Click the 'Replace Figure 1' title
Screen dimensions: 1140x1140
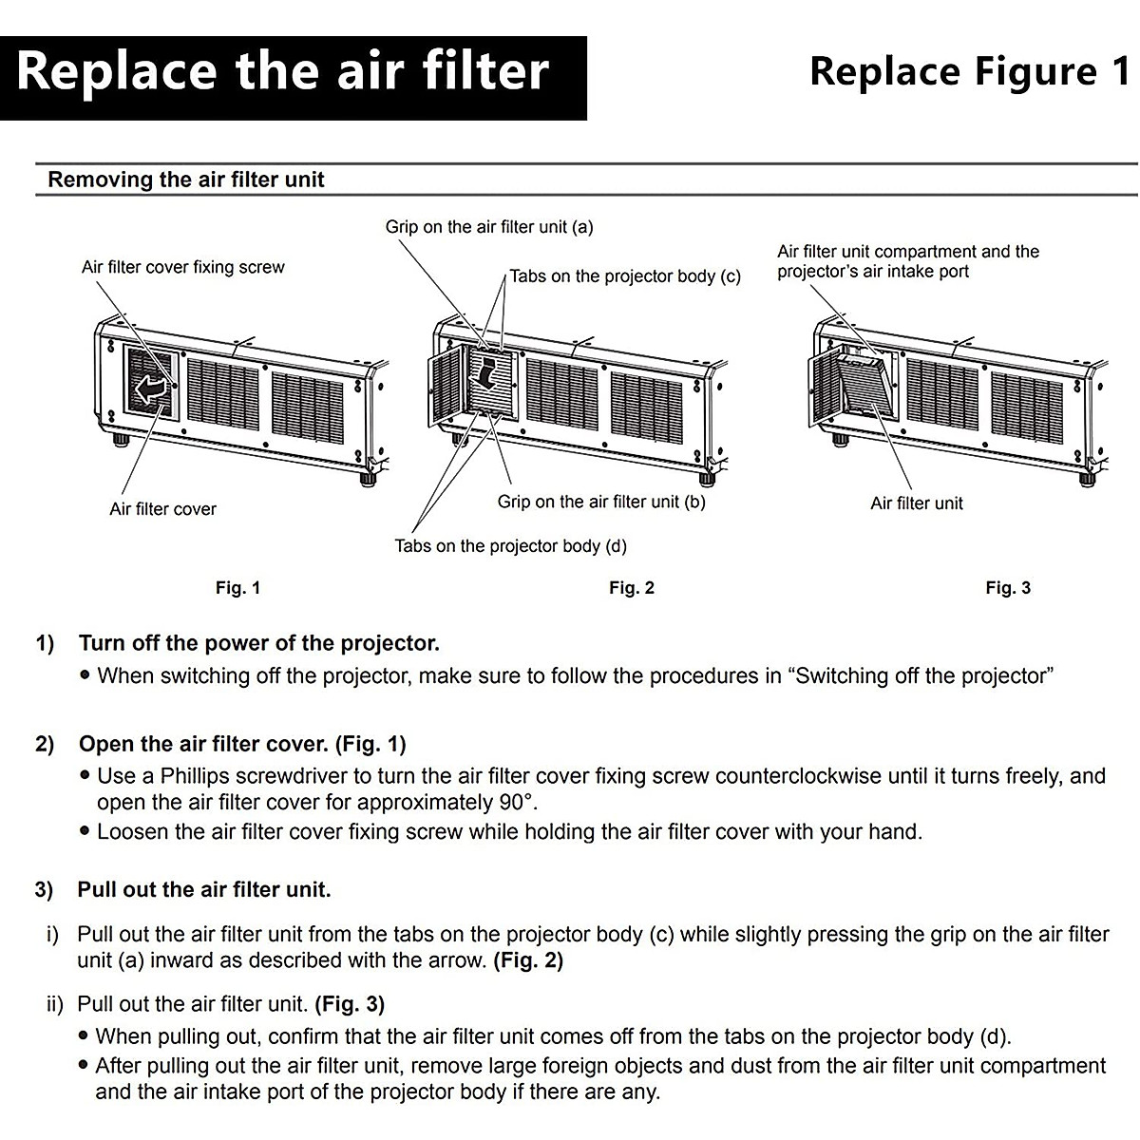point(969,72)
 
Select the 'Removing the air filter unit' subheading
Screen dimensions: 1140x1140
point(186,180)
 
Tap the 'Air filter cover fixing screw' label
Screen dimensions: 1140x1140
point(182,267)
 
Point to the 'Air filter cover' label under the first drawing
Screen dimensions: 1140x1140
point(162,509)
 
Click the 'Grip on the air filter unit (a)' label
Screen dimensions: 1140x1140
point(488,227)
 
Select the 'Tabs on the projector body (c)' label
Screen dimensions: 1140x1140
point(624,276)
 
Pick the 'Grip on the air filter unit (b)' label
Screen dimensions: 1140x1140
point(601,502)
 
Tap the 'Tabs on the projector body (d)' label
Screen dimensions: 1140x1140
point(510,546)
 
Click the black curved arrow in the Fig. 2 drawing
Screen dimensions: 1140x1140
point(488,372)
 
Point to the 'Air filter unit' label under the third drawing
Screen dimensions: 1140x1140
point(916,503)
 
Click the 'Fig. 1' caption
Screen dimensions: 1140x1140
point(237,588)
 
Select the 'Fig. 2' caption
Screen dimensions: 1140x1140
point(632,588)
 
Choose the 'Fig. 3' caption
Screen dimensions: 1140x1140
point(1008,588)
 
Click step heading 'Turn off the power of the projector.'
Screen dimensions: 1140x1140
point(258,643)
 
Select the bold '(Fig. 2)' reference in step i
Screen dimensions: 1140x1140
point(528,960)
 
